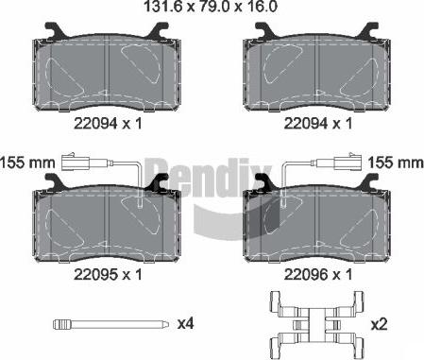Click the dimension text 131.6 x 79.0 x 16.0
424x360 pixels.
pos(211,7)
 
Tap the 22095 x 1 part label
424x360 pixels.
pos(108,275)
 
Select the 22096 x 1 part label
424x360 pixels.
pos(318,275)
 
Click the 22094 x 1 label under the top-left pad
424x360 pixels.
pos(108,124)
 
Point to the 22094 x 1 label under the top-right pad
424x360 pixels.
pos(318,124)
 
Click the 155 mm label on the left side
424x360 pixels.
pos(27,163)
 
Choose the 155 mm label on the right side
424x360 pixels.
pos(396,163)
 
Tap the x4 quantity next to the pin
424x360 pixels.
pos(186,323)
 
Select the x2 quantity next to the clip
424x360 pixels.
pos(379,324)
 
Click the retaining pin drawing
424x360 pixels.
pos(110,324)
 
